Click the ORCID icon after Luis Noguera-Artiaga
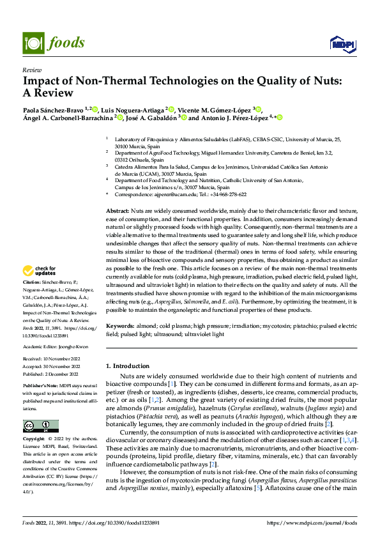171,109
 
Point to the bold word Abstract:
117,210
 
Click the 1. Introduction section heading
127,367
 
